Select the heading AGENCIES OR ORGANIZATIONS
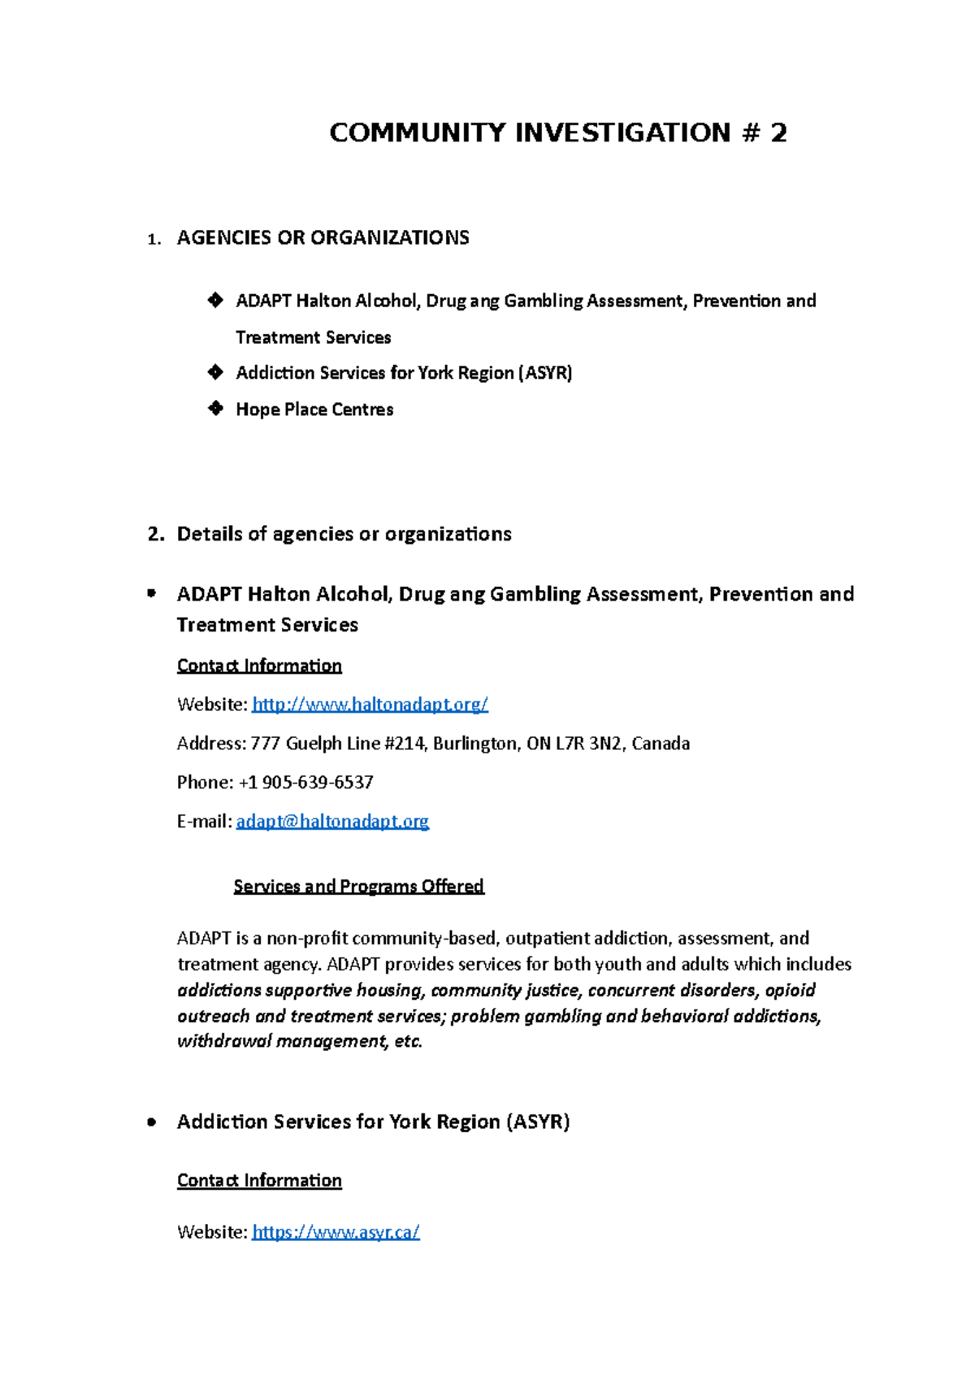[323, 237]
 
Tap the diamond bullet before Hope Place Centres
[215, 408]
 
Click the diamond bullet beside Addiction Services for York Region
[215, 372]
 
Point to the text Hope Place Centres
[314, 410]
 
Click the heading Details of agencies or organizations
[344, 534]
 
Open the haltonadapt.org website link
[370, 705]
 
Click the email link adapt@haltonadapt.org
[332, 822]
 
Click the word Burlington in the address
[474, 744]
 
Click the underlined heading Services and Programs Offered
[358, 886]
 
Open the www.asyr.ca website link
[336, 1232]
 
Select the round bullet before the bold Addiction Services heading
[151, 1122]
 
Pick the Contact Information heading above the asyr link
[259, 1180]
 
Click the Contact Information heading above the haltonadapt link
[259, 666]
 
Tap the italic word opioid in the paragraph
[790, 990]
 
